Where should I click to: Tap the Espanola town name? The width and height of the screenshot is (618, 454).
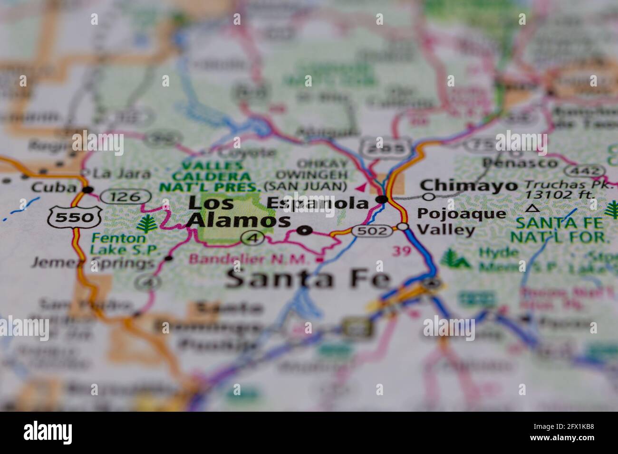(x=317, y=203)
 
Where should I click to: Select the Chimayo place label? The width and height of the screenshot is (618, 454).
(x=469, y=185)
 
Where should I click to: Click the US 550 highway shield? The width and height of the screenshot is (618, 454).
(x=74, y=218)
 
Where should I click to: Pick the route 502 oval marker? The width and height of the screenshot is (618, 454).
(x=372, y=231)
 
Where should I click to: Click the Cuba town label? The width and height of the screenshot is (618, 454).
(x=53, y=187)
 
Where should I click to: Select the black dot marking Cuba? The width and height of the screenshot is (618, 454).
(x=87, y=190)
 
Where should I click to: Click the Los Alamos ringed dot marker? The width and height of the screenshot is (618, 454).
(x=304, y=231)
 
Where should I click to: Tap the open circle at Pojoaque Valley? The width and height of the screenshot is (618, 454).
(x=403, y=227)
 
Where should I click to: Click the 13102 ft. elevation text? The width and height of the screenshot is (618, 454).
(x=560, y=195)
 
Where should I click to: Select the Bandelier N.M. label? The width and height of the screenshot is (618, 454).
(x=252, y=259)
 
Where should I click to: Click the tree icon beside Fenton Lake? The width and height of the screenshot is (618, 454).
(x=147, y=222)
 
